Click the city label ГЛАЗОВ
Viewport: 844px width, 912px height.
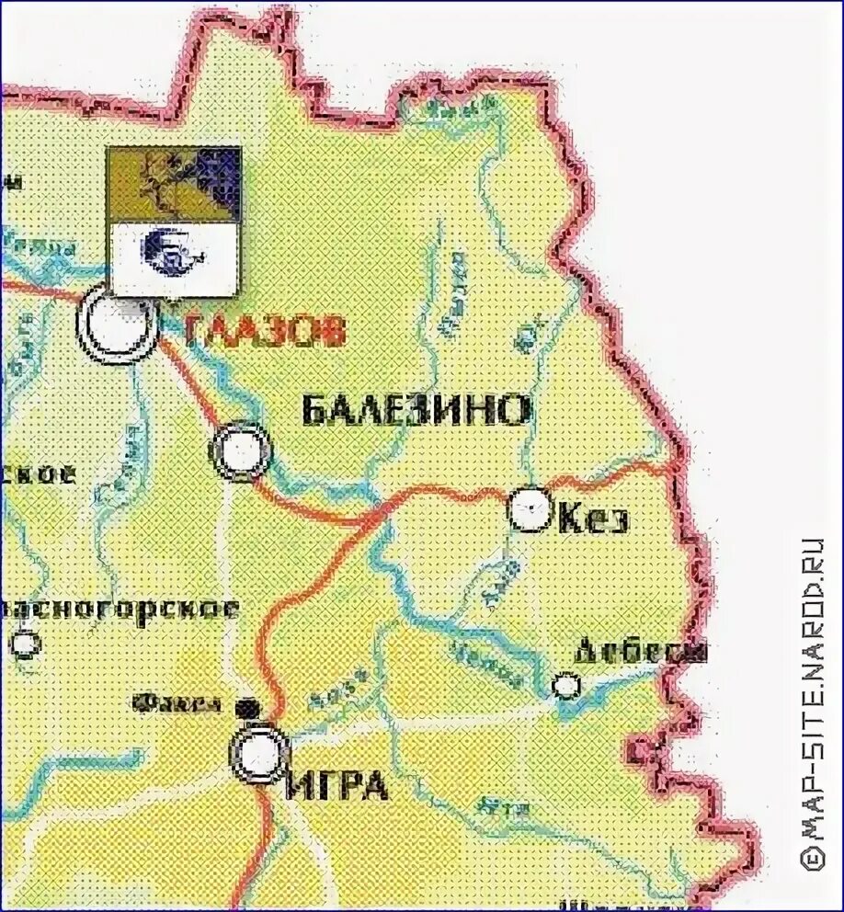pyautogui.click(x=264, y=329)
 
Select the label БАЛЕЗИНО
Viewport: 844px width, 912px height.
pyautogui.click(x=416, y=410)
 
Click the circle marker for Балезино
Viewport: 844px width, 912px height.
pyautogui.click(x=242, y=450)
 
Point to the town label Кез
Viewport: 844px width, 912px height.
pyautogui.click(x=594, y=519)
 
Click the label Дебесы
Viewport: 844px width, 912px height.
pyautogui.click(x=641, y=651)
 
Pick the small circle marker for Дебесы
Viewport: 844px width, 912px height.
pyautogui.click(x=567, y=685)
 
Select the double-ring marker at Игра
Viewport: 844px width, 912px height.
pyautogui.click(x=258, y=754)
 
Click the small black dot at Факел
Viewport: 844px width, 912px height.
pyautogui.click(x=244, y=707)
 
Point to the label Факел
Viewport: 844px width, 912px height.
pyautogui.click(x=177, y=705)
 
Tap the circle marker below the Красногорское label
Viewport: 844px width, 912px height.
pyautogui.click(x=25, y=644)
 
